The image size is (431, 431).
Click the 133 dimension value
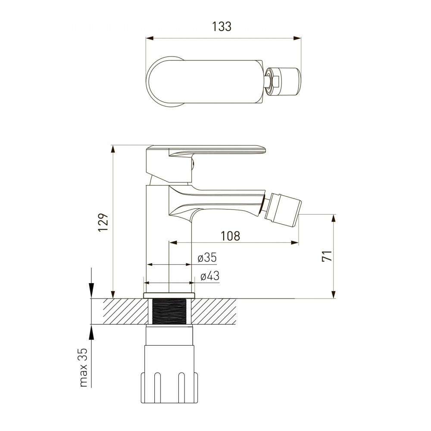coord(222,27)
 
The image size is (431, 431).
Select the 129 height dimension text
coord(104,222)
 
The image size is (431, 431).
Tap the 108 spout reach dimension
coord(230,236)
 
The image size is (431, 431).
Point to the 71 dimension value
coord(327,256)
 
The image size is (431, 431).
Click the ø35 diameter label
coord(207,258)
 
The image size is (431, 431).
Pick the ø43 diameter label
coord(210,276)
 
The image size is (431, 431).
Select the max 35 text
coord(83,367)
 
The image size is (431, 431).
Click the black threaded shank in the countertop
coord(169,312)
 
